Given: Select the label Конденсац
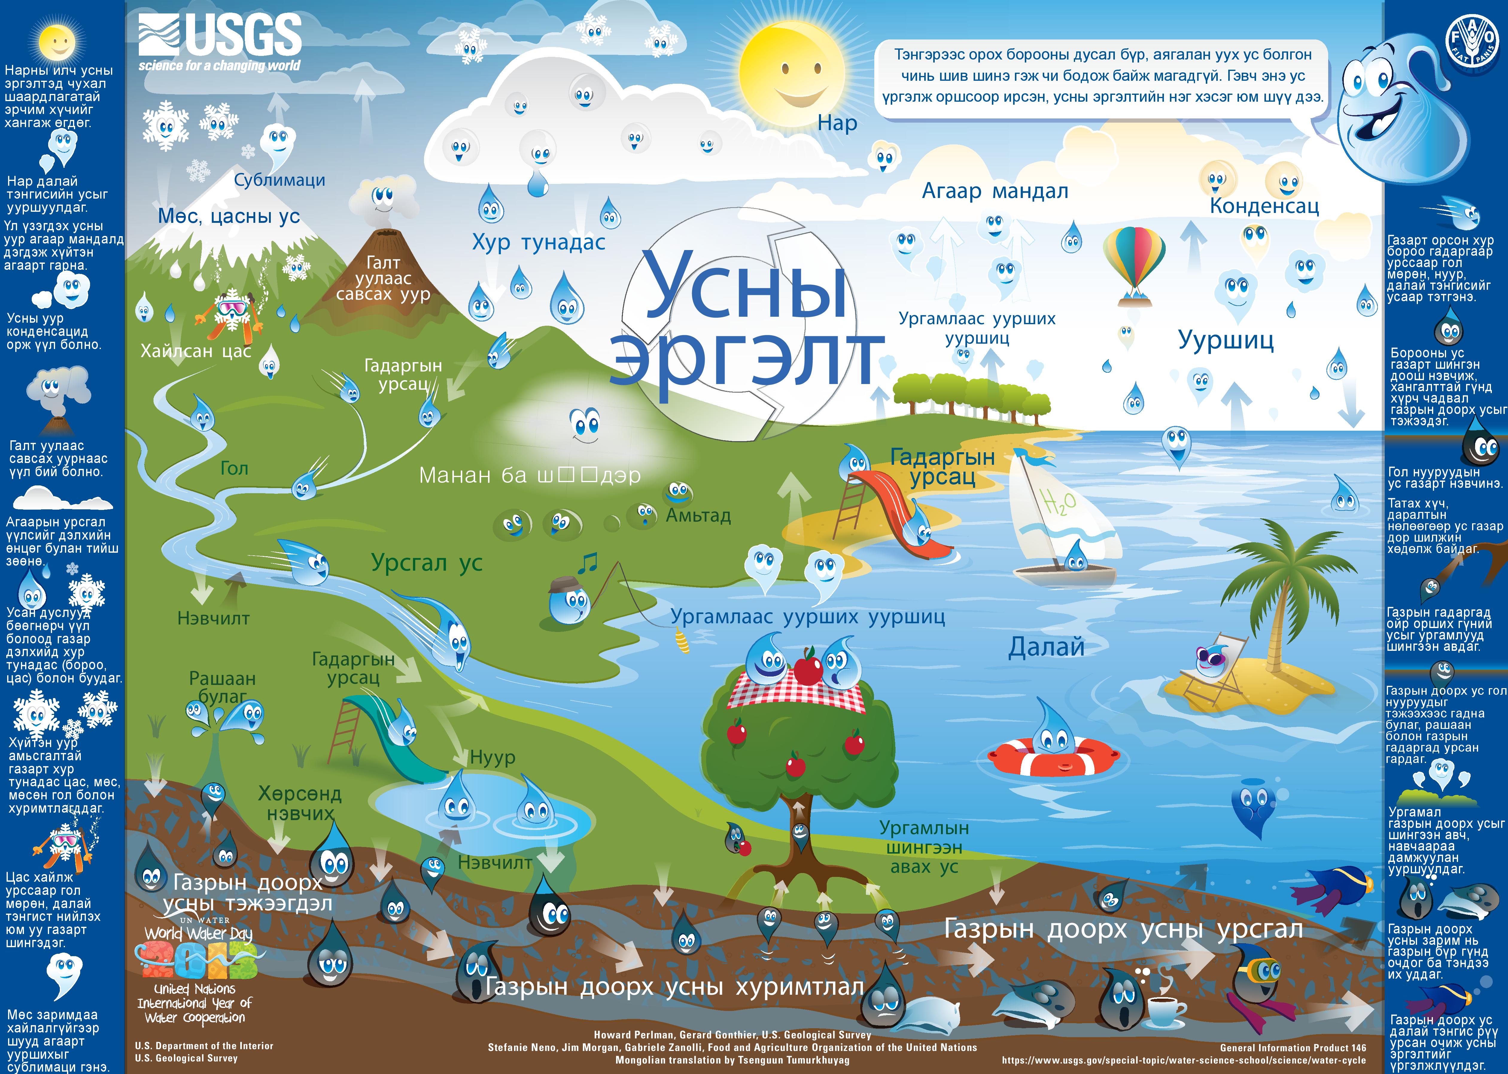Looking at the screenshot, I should click(x=1264, y=206).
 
